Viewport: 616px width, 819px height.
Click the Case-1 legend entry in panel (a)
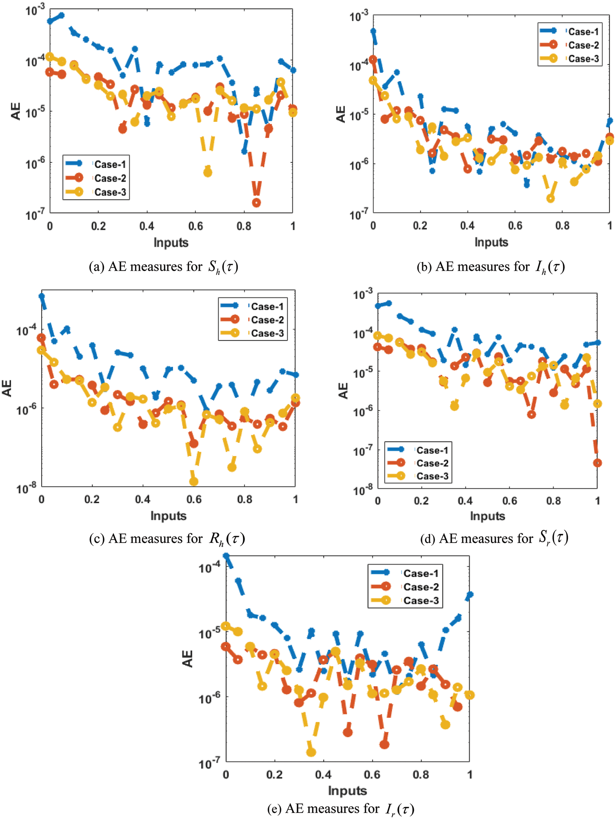coord(110,164)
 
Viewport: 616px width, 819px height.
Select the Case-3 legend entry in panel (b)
coord(583,58)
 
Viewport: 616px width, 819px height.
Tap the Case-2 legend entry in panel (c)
coord(267,319)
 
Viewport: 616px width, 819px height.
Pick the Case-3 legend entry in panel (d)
coord(432,476)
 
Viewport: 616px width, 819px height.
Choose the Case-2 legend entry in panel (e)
coord(421,587)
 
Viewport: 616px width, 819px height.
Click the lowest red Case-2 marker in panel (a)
coord(256,202)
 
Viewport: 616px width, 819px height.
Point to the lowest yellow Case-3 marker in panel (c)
coord(194,482)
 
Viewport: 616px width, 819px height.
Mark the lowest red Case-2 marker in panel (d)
coord(597,463)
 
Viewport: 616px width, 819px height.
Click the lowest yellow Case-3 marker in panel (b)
coord(551,199)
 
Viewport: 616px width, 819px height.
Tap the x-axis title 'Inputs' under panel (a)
coord(171,243)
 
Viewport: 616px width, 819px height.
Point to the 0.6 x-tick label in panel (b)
coord(515,225)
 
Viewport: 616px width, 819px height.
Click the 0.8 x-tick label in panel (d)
coord(553,501)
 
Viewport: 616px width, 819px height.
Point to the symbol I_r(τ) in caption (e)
coord(400,809)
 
